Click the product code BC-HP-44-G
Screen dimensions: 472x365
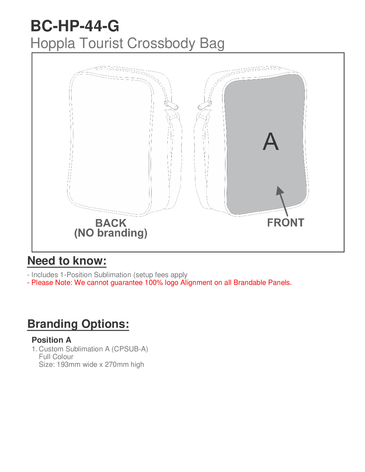75,26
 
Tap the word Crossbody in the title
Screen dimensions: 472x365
161,43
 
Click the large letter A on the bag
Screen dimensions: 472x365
270,142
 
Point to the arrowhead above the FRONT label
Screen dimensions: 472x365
279,191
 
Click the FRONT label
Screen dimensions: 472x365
285,223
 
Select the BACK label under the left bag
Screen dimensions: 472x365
111,223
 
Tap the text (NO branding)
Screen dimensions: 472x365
111,233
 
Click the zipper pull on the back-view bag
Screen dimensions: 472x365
171,105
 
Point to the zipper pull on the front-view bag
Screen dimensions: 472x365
205,105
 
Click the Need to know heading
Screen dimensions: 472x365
67,261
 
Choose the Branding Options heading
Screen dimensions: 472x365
78,324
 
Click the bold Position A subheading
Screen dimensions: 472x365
52,340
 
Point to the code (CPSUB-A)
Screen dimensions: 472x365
130,349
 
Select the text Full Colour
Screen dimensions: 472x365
56,357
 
